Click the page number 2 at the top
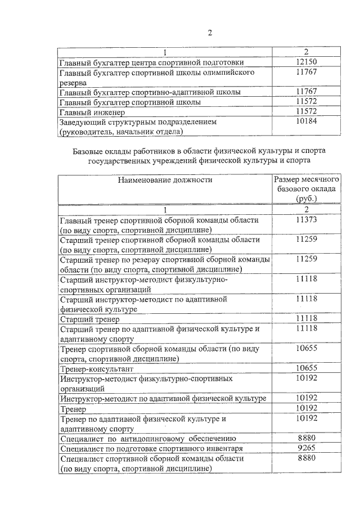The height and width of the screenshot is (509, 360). (209, 31)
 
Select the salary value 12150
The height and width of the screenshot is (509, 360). (307, 62)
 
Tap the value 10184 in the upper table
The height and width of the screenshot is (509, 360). (307, 121)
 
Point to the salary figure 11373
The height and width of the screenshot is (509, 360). (307, 220)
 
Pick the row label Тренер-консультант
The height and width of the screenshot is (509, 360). (96, 369)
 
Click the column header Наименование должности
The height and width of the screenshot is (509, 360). (165, 180)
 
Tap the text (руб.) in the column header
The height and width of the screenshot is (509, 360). (307, 199)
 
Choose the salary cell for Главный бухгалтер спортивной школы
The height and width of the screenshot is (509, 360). (307, 102)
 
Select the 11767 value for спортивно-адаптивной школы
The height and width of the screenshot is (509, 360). (307, 92)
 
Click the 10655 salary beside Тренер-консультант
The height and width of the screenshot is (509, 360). (307, 368)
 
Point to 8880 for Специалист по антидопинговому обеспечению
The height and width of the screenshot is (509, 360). (307, 438)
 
